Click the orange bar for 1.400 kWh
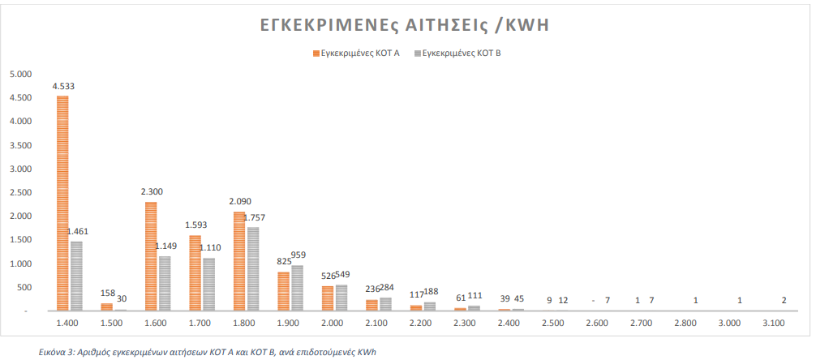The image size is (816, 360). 62,203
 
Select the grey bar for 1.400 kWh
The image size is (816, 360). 76,276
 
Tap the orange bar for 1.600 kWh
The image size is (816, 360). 151,256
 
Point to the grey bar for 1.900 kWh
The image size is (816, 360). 298,289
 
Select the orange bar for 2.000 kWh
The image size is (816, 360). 328,298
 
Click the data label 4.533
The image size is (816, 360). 64,86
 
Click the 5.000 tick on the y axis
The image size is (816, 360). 20,74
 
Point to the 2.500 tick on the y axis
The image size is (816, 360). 20,193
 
